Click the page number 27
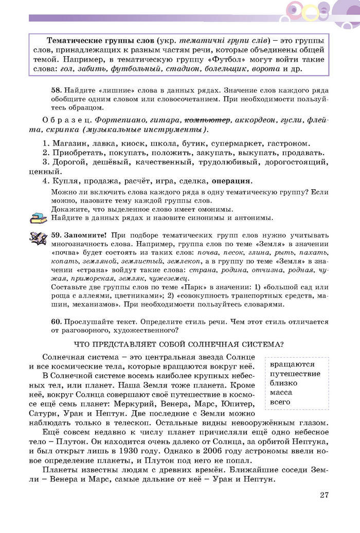click(323, 495)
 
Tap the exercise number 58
click(56, 89)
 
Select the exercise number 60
click(56, 322)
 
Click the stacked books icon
click(38, 217)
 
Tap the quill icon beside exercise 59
click(38, 237)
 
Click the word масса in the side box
click(281, 392)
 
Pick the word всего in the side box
click(280, 401)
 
